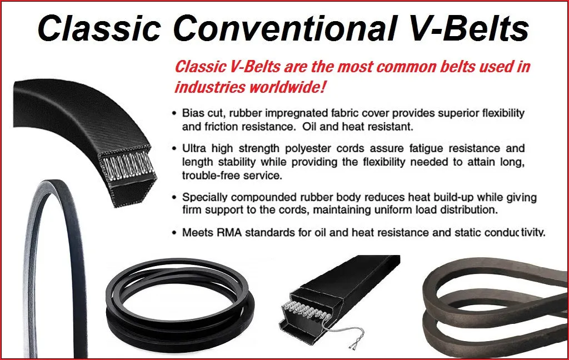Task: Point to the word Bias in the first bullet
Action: tap(192, 113)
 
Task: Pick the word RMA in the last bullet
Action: tap(229, 232)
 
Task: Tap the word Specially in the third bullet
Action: tap(204, 197)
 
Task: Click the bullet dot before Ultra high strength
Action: tap(174, 149)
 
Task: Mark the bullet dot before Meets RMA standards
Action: tap(174, 233)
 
